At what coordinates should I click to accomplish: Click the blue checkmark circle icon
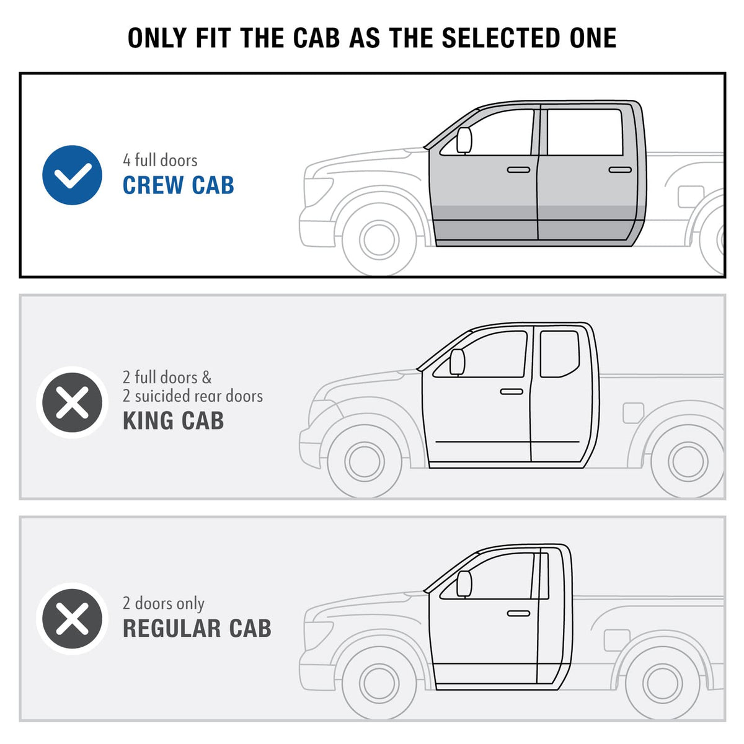pos(72,175)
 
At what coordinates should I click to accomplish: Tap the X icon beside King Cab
pos(72,402)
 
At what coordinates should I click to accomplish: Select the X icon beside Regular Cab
pos(72,619)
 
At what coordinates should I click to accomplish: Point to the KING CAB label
pos(174,420)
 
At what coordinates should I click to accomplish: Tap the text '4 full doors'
pos(160,160)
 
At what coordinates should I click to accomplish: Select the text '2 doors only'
pos(164,603)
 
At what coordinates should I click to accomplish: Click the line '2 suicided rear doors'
pos(193,396)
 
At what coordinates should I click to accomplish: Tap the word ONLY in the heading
pos(157,38)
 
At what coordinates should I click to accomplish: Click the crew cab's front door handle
pos(518,170)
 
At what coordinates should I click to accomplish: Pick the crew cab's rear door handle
pos(620,170)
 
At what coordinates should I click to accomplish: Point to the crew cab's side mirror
pos(464,141)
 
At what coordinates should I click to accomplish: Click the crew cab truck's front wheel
pos(379,239)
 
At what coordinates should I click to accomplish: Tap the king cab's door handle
pos(511,391)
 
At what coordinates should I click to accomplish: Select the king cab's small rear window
pos(559,353)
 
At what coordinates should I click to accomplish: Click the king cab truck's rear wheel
pos(688,461)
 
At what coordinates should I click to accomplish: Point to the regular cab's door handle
pos(518,614)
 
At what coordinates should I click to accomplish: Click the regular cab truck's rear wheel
pos(663,684)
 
